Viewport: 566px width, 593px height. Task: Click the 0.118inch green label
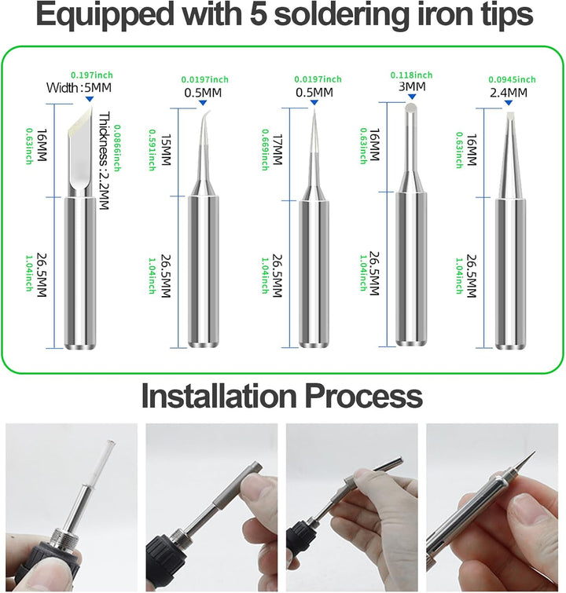411,75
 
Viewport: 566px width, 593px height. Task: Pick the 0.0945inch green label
512,79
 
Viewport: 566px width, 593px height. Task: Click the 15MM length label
165,150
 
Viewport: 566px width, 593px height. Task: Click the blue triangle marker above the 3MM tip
411,95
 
